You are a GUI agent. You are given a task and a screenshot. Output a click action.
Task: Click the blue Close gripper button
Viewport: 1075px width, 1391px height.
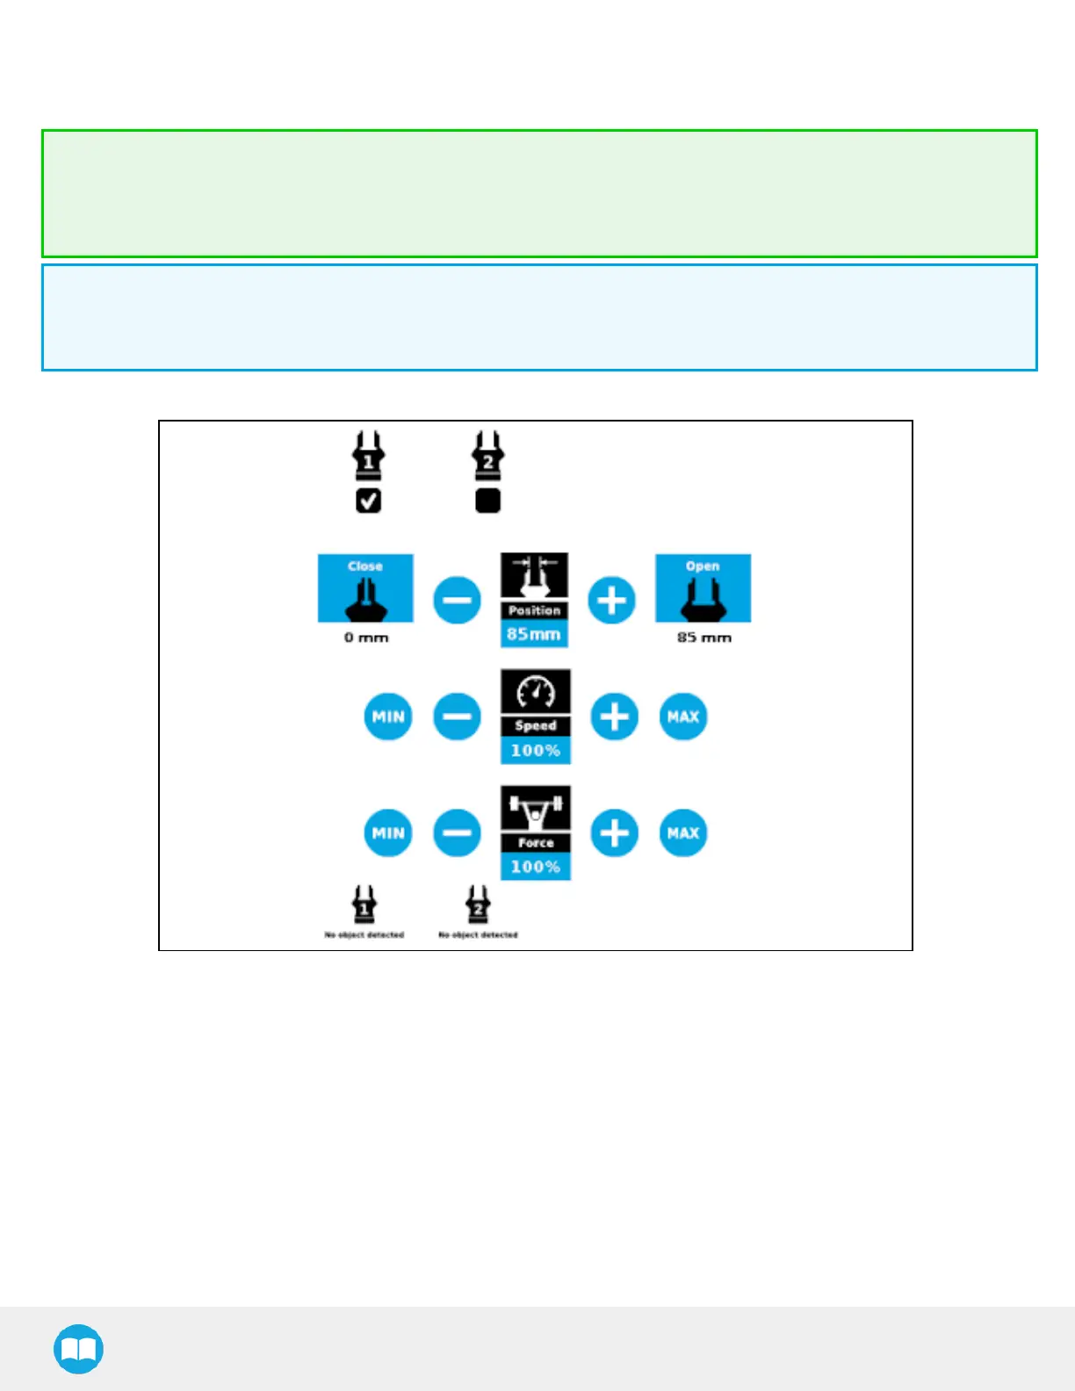point(365,587)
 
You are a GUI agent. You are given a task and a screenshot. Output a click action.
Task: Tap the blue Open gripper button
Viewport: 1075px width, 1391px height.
point(703,587)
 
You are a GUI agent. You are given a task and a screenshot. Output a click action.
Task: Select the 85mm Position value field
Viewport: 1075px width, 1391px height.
point(534,634)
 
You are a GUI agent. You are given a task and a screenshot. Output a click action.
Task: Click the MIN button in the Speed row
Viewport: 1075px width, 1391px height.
point(388,717)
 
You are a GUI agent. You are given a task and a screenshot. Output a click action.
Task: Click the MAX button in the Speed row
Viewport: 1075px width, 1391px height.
point(683,717)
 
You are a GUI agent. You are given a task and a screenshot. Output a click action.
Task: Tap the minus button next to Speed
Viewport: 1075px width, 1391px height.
point(457,717)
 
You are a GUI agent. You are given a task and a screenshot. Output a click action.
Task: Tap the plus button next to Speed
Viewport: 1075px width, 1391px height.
point(614,717)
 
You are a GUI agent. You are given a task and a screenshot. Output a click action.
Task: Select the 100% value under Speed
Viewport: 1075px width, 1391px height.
point(535,751)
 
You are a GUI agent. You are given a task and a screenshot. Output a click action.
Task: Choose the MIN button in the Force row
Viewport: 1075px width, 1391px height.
point(388,832)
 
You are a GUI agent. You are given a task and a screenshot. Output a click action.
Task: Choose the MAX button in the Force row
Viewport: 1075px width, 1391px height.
point(683,832)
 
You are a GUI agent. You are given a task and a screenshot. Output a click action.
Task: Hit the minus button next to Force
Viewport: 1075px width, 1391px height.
point(457,832)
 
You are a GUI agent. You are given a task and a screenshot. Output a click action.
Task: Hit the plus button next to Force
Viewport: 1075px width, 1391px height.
point(614,832)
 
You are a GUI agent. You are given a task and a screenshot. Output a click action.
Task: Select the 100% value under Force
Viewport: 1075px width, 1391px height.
point(535,867)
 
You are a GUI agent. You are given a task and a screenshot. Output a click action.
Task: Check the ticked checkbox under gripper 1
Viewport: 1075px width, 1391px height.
point(368,501)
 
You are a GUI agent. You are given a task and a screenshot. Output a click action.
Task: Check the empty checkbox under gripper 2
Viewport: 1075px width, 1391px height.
point(487,501)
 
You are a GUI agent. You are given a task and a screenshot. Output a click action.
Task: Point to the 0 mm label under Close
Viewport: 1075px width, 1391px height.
point(366,638)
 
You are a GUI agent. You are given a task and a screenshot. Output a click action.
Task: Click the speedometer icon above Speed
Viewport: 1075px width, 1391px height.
point(535,692)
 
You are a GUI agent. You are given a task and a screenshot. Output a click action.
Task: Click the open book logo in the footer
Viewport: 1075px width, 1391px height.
point(78,1349)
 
